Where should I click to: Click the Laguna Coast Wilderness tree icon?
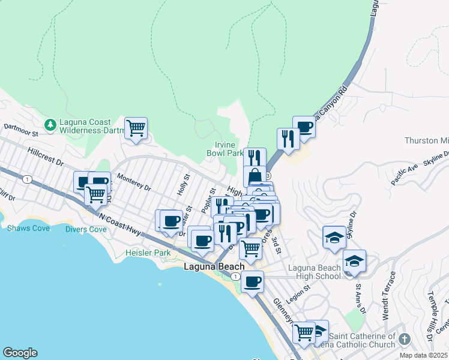click(52, 124)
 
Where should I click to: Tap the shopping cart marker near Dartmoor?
click(136, 127)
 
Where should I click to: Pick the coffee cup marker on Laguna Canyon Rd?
click(304, 127)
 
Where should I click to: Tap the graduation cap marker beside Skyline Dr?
click(334, 237)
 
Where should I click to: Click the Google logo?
click(20, 353)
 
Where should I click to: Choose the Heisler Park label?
click(148, 253)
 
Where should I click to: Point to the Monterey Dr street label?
click(134, 181)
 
